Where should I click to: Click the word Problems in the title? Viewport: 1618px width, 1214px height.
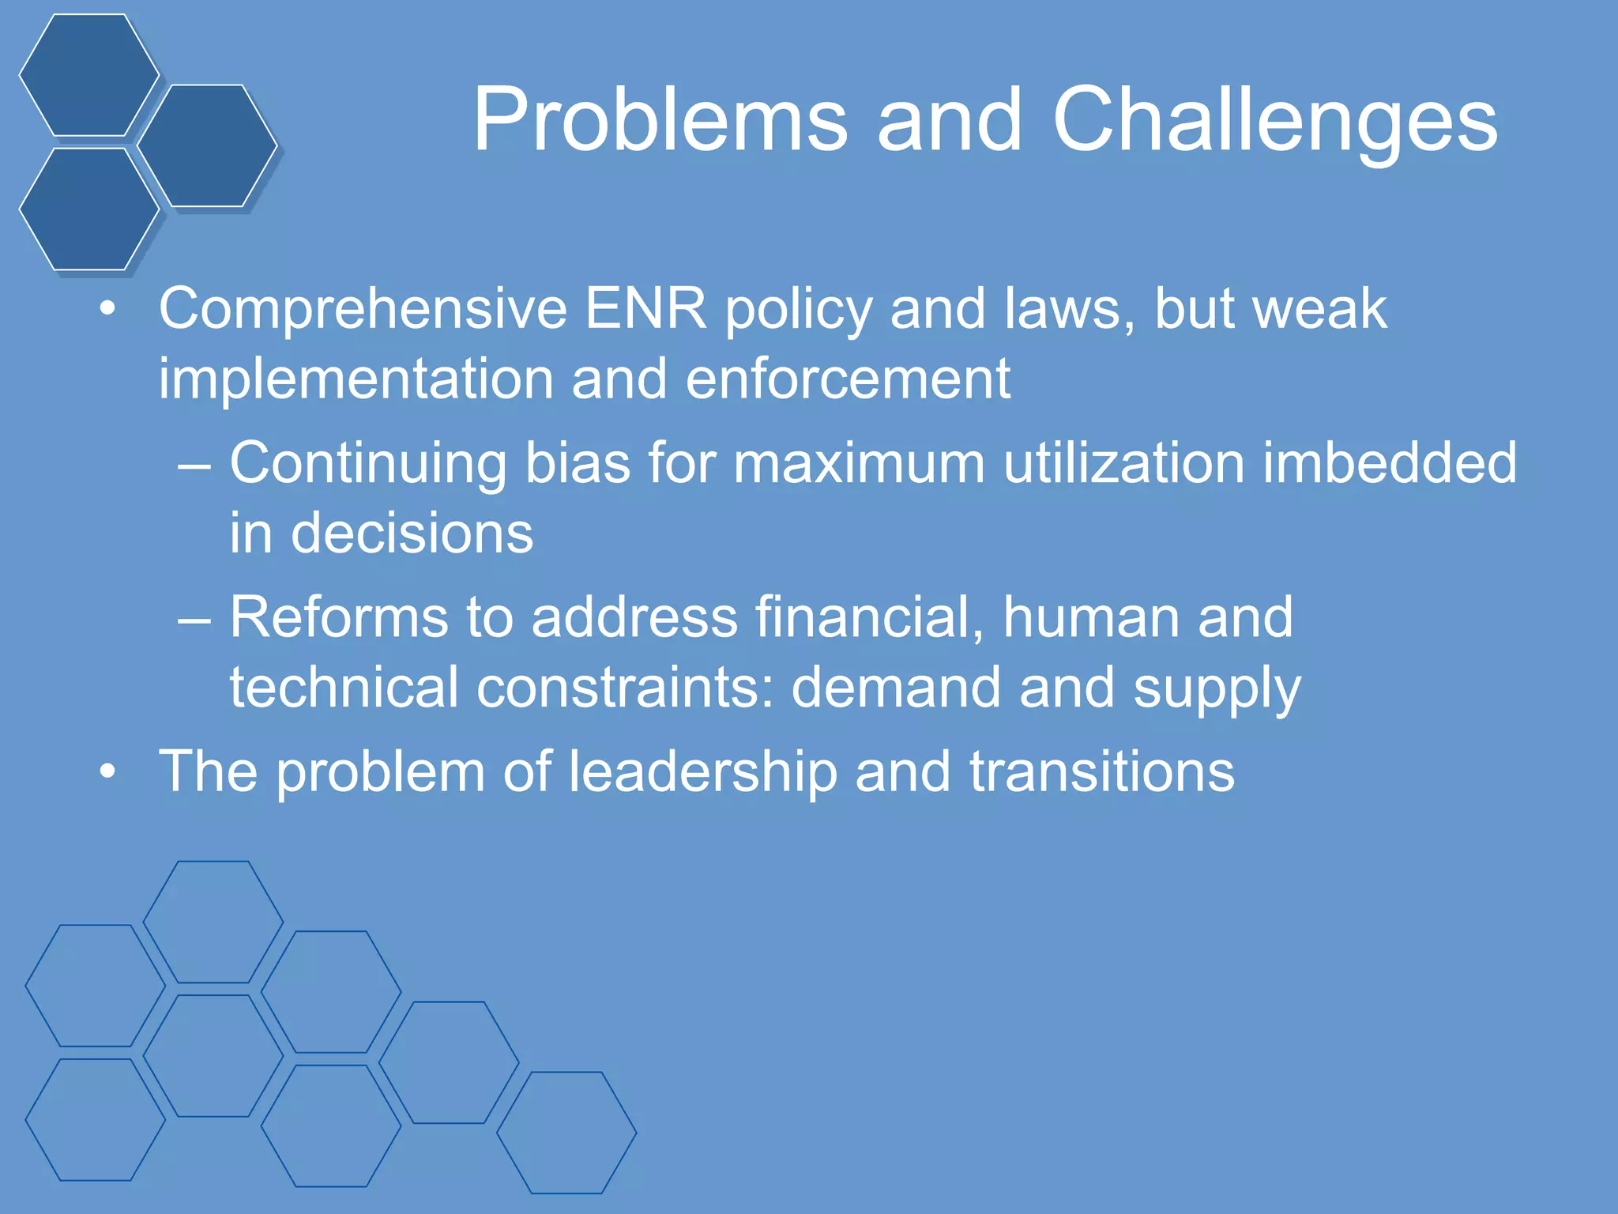tap(660, 120)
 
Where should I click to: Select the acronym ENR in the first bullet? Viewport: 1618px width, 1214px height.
tap(645, 308)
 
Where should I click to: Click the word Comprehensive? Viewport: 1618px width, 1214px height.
tap(363, 308)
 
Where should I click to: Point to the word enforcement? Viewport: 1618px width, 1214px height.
tap(848, 379)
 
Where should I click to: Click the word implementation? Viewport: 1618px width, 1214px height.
tap(356, 379)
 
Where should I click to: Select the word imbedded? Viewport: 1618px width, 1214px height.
tap(1390, 462)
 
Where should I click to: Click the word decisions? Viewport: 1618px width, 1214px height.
tap(412, 533)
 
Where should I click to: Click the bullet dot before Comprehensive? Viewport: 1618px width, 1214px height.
tap(107, 310)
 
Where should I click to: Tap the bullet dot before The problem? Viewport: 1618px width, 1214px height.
tap(107, 771)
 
